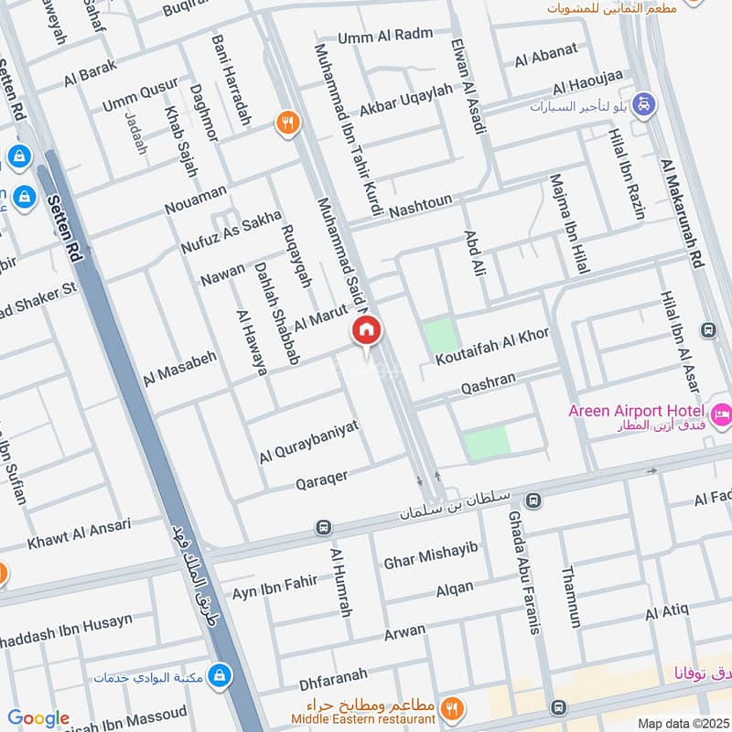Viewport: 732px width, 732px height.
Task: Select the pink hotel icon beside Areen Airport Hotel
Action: coord(720,413)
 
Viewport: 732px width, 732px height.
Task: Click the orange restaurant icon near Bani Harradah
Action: coord(288,123)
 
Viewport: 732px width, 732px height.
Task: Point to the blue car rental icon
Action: coord(645,104)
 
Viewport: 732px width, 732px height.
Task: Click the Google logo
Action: coord(38,718)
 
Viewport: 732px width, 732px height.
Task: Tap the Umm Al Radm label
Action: coord(384,36)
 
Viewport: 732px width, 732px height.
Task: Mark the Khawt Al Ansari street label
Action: coord(79,533)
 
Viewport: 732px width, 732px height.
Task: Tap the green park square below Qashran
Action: coord(485,444)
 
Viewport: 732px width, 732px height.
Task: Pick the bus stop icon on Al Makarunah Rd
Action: coord(707,329)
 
